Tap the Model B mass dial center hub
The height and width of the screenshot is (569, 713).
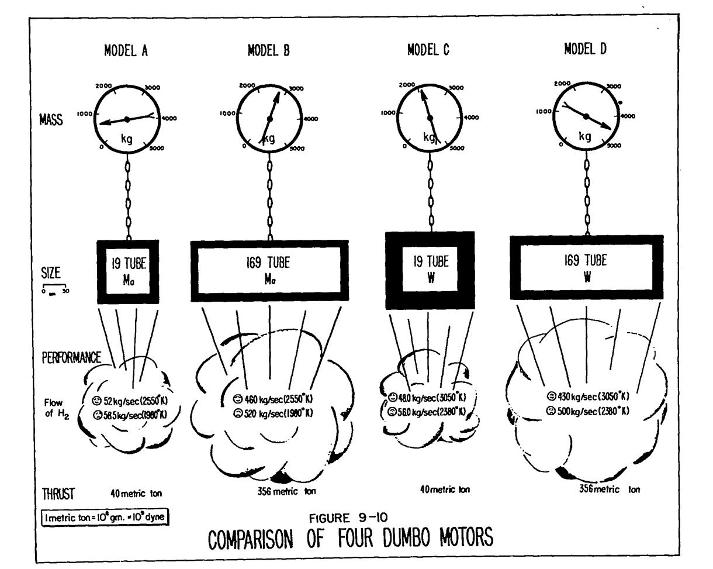(269, 119)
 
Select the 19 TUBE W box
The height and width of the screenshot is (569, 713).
(430, 270)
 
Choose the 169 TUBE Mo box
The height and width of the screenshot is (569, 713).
(269, 270)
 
